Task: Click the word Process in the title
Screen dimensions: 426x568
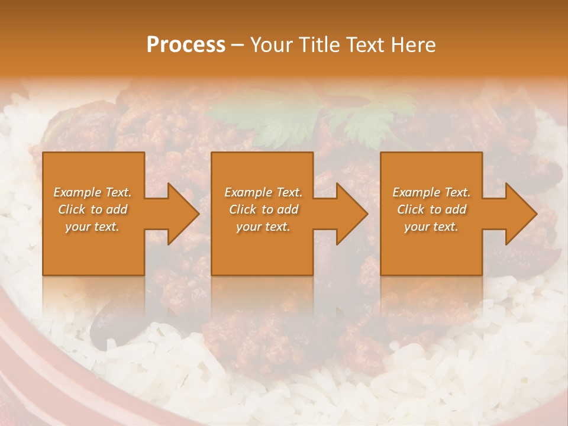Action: point(186,44)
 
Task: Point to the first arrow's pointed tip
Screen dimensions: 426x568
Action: point(199,214)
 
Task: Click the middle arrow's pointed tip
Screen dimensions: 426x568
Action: point(367,214)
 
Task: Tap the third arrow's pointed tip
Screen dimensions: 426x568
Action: point(536,214)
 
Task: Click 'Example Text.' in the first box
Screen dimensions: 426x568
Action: point(92,192)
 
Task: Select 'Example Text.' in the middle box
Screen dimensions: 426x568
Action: point(263,192)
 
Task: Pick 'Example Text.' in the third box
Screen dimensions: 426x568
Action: point(431,192)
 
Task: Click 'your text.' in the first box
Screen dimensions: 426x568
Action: point(92,227)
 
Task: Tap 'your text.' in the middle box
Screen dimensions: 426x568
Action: point(263,227)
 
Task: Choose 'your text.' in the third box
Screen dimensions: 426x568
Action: point(431,227)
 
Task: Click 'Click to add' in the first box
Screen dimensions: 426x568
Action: point(92,209)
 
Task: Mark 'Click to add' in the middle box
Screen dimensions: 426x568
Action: point(263,209)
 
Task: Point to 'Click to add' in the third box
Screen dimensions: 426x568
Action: point(431,209)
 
